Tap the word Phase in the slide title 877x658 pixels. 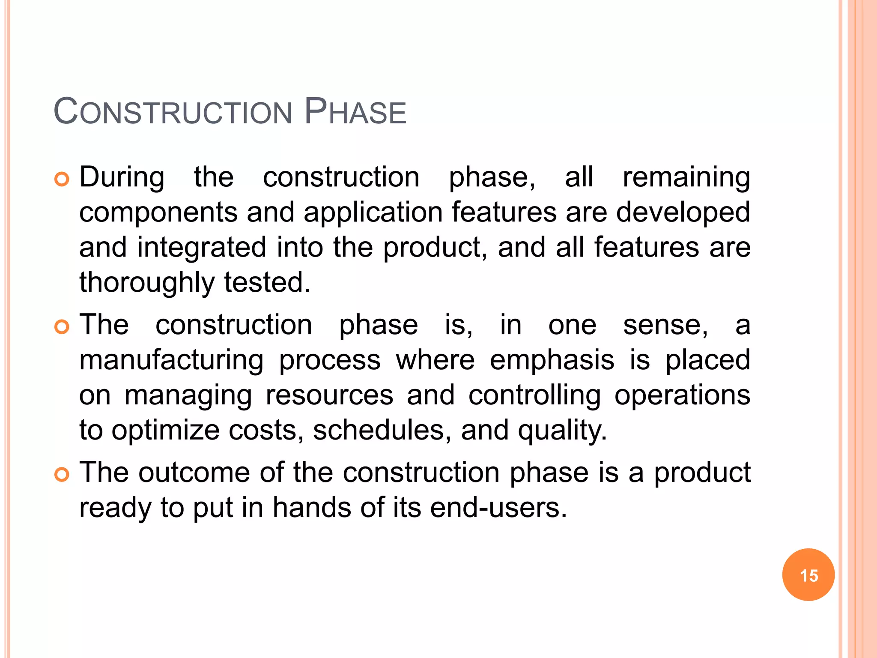[x=355, y=112]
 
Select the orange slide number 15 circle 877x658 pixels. [x=808, y=575]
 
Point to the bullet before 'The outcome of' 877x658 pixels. [x=62, y=475]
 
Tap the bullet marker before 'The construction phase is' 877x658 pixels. [x=62, y=327]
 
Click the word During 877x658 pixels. [x=122, y=177]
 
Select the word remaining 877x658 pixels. [x=686, y=177]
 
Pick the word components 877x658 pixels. [x=158, y=212]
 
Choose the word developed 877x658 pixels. [x=683, y=212]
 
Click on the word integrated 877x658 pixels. [x=202, y=248]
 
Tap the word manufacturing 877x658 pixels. [x=171, y=360]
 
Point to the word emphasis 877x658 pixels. [x=552, y=360]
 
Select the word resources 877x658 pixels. [x=329, y=395]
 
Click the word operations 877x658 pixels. [x=682, y=395]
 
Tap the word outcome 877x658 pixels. [x=194, y=473]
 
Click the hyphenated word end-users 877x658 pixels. [x=498, y=508]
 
